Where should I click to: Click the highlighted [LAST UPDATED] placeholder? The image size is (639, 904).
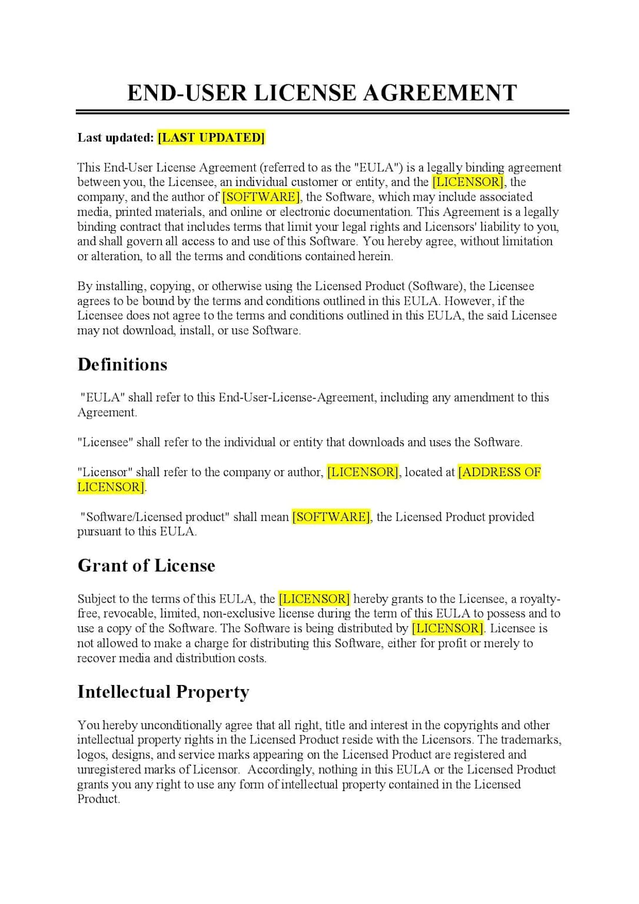211,138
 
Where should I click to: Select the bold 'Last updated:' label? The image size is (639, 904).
115,138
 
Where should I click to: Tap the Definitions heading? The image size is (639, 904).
122,365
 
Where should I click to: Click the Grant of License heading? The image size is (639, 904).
147,566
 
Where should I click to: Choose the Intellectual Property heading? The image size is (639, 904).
163,692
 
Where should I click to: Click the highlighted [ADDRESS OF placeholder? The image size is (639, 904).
500,472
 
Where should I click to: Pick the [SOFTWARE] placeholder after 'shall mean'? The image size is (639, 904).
331,517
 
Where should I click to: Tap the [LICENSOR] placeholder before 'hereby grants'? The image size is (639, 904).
314,599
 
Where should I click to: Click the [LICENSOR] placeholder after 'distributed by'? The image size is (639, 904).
448,629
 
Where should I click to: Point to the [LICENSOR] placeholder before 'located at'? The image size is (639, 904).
363,472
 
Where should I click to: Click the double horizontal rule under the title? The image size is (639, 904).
322,111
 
